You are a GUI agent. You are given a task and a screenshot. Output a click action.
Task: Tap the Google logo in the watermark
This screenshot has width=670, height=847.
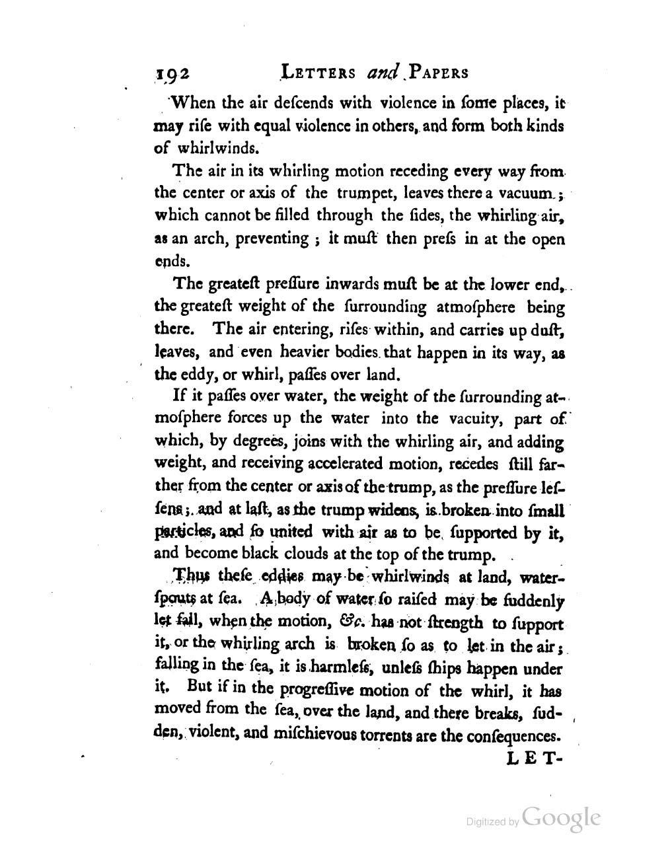[562, 818]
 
